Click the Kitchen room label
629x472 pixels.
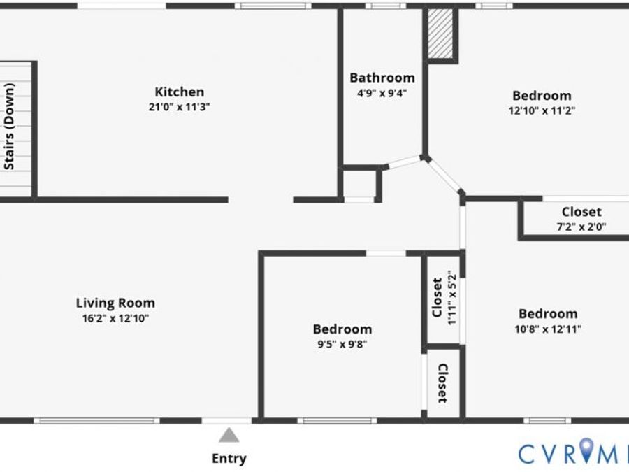coord(180,92)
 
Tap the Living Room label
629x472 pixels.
coord(115,303)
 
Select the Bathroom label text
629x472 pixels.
coord(382,78)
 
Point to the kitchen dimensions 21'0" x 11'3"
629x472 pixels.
coord(180,107)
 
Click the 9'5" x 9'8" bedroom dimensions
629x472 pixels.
coord(342,344)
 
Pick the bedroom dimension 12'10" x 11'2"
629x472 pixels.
coord(542,110)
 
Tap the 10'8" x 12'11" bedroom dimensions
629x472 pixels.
coord(548,329)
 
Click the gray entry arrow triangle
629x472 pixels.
coord(229,435)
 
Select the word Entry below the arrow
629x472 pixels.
coord(229,458)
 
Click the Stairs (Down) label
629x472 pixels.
coord(10,126)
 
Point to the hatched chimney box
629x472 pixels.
coord(440,34)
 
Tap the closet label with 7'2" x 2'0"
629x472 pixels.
coord(581,211)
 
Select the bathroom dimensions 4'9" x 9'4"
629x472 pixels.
coord(382,94)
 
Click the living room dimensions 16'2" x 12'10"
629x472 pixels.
coord(115,319)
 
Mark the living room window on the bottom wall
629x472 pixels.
coord(96,421)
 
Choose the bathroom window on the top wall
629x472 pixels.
coord(386,6)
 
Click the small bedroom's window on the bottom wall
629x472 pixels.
coord(337,421)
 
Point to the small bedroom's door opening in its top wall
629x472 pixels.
coord(386,254)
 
